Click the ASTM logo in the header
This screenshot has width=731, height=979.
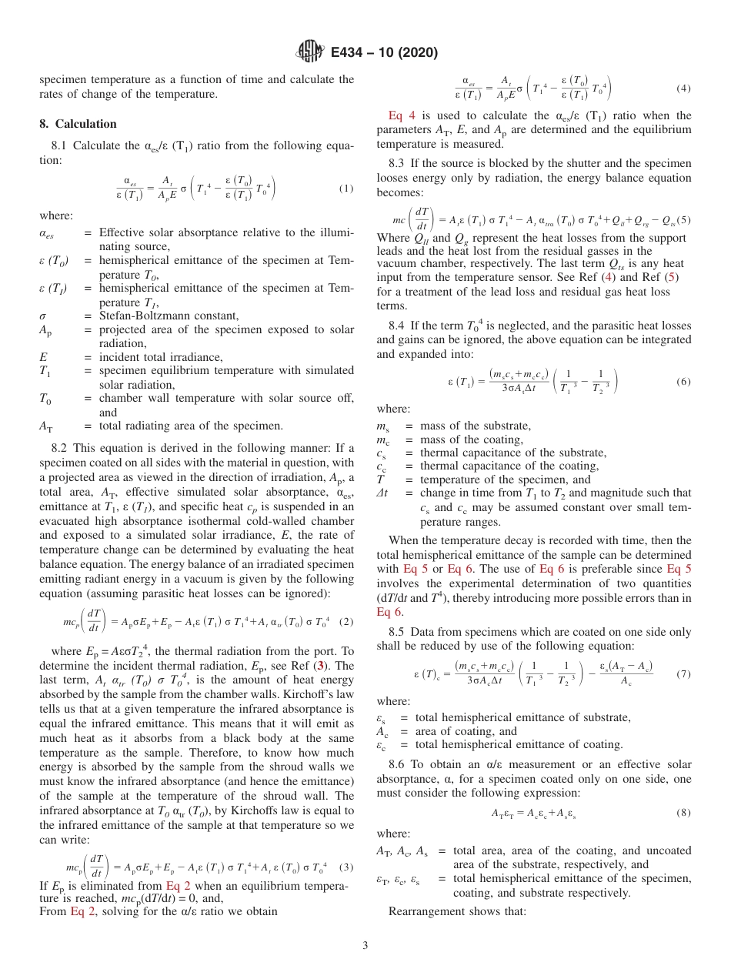tap(310, 52)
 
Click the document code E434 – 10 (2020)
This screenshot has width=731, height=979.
tap(384, 52)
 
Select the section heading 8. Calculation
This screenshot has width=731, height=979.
tap(78, 124)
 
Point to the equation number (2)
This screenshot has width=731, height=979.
tap(345, 600)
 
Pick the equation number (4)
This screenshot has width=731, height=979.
tap(683, 89)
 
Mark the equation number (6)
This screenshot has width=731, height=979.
tap(683, 382)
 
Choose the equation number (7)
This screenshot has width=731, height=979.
tap(683, 674)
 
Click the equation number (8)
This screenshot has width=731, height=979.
tap(683, 812)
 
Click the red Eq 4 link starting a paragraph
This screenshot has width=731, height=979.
tap(401, 115)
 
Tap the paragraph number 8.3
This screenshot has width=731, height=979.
tap(397, 163)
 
